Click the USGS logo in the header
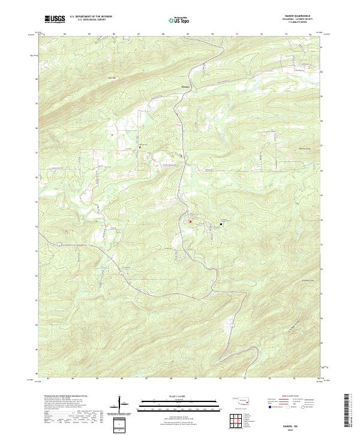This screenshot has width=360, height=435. [x=55, y=19]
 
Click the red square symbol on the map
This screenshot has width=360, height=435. [x=191, y=221]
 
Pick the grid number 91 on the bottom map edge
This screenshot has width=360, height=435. [x=246, y=379]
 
